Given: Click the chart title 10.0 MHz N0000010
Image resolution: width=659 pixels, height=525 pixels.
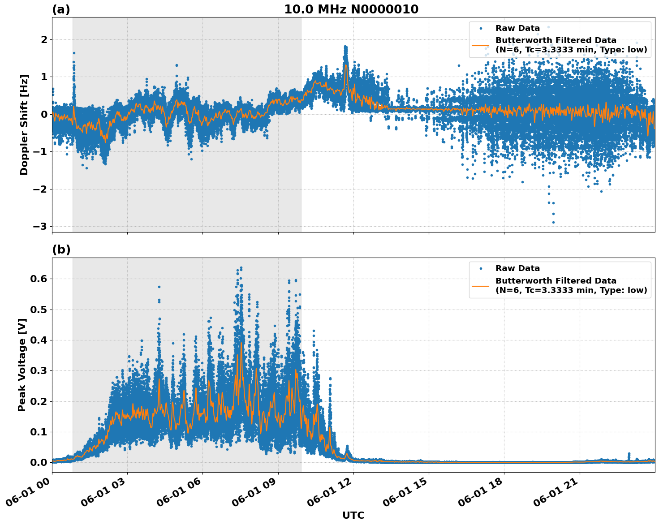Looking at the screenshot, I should click(351, 9).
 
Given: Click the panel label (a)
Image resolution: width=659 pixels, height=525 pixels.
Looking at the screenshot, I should click(61, 9).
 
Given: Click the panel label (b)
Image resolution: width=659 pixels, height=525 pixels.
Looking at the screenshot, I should click(61, 250).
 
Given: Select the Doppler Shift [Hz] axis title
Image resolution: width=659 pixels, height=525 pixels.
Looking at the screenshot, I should click(24, 125).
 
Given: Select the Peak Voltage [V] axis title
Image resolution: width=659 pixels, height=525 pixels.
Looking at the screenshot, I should click(22, 365).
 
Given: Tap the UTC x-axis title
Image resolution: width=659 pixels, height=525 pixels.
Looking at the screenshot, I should click(353, 515).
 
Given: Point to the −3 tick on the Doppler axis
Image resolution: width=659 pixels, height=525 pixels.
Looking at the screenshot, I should click(40, 226).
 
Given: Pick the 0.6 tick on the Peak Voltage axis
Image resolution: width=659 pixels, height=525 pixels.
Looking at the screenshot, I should click(39, 279).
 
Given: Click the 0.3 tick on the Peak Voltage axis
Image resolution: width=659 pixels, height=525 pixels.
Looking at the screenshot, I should click(39, 370).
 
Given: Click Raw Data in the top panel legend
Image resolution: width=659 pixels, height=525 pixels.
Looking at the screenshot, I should click(517, 28).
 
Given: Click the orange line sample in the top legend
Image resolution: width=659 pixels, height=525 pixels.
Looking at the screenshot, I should click(480, 45).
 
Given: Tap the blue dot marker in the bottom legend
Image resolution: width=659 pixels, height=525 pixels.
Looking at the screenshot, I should click(480, 268).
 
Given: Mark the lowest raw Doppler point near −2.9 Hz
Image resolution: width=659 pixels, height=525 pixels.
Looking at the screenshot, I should click(553, 222).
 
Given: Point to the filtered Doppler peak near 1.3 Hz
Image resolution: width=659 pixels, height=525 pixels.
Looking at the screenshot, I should click(345, 65).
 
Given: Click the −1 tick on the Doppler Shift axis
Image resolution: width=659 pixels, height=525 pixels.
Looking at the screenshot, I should click(40, 151).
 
